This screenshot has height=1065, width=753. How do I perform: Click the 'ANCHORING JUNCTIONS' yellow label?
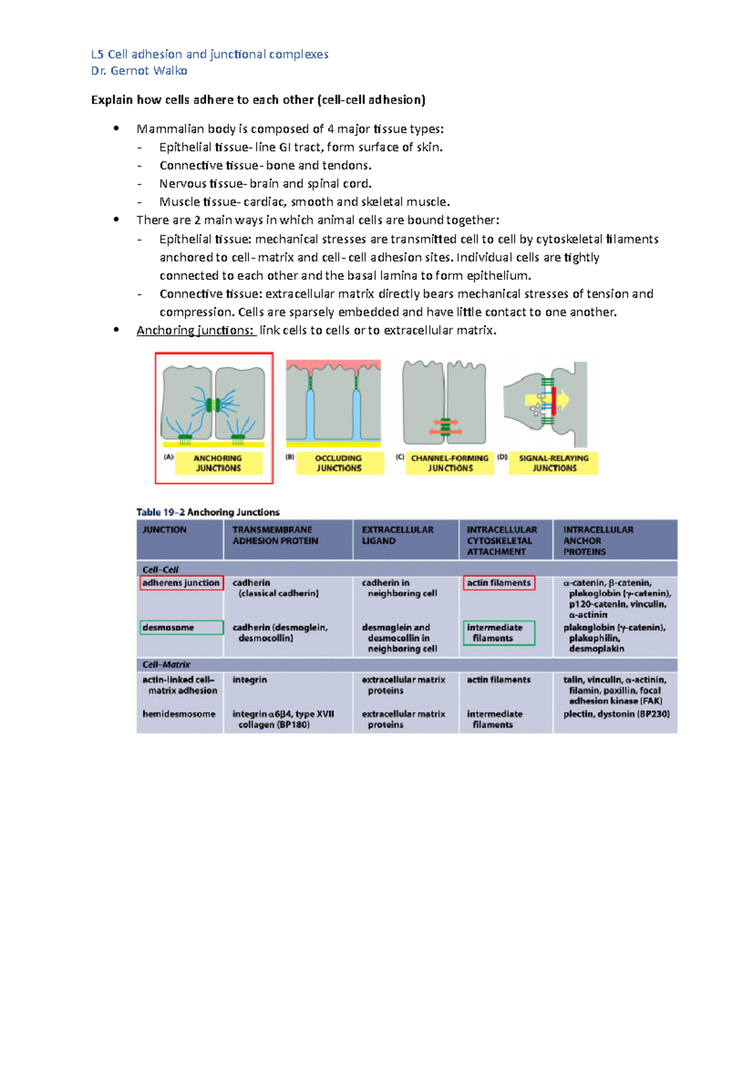click(x=218, y=463)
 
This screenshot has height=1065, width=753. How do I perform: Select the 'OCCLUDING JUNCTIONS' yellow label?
click(x=339, y=463)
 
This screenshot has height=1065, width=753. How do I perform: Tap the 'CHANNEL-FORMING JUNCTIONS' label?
click(x=450, y=463)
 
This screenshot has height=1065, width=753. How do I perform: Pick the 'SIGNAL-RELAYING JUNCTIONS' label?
click(x=553, y=463)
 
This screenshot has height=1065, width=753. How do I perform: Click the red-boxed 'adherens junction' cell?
click(x=181, y=583)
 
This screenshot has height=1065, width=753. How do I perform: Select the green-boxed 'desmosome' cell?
click(x=181, y=627)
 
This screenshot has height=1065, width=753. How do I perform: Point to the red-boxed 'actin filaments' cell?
click(x=499, y=583)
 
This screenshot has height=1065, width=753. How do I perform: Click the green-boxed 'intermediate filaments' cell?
click(x=499, y=633)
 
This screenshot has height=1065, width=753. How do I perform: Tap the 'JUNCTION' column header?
click(x=164, y=530)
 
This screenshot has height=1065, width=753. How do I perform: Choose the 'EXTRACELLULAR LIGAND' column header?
click(x=397, y=535)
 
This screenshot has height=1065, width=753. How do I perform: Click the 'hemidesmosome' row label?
click(x=179, y=714)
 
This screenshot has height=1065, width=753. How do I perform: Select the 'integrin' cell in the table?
click(x=250, y=680)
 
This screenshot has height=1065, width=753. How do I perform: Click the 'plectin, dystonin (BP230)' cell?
click(x=616, y=714)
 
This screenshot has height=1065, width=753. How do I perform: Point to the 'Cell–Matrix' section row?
click(x=166, y=664)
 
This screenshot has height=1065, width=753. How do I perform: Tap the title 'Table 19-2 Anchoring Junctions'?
click(x=208, y=512)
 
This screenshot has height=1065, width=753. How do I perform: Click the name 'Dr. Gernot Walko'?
click(x=139, y=71)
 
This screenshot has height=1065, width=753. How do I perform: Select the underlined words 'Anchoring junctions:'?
click(x=195, y=331)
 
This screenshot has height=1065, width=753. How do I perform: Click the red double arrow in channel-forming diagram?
click(x=446, y=431)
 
